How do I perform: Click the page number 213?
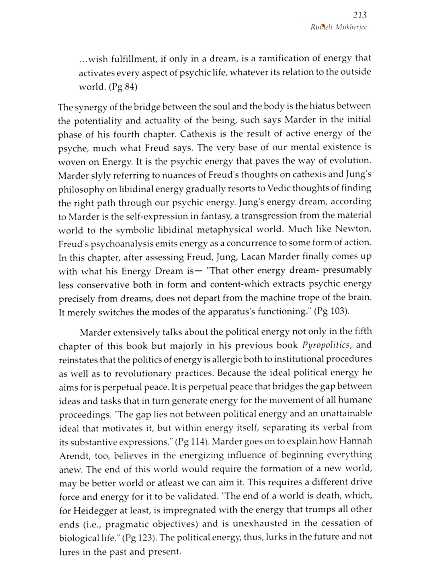pos(360,15)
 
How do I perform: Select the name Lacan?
pos(253,257)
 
